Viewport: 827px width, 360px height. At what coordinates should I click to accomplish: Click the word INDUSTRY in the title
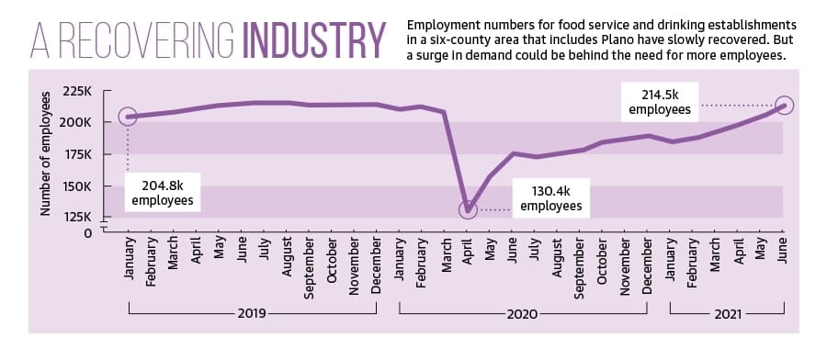(x=314, y=40)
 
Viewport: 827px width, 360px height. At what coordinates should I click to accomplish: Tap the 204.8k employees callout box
(x=163, y=192)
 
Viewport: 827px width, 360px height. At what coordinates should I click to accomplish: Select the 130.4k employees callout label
(x=551, y=197)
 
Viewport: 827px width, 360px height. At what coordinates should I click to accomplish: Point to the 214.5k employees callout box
(x=660, y=102)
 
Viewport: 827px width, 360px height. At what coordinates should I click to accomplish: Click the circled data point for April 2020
(x=468, y=209)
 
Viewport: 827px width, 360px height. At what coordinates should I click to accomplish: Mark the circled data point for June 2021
(x=785, y=106)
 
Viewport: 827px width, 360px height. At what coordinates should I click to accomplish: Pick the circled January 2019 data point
(x=128, y=117)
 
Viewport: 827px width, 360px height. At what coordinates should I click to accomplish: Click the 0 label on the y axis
(x=87, y=232)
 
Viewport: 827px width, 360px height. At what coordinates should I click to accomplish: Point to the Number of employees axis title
(x=45, y=153)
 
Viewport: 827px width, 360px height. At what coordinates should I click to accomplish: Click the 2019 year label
(x=252, y=314)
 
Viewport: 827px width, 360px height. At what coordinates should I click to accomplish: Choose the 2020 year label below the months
(x=522, y=315)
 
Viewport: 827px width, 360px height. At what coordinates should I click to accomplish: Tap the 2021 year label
(x=728, y=315)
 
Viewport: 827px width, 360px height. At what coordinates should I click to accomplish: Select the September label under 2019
(x=310, y=268)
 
